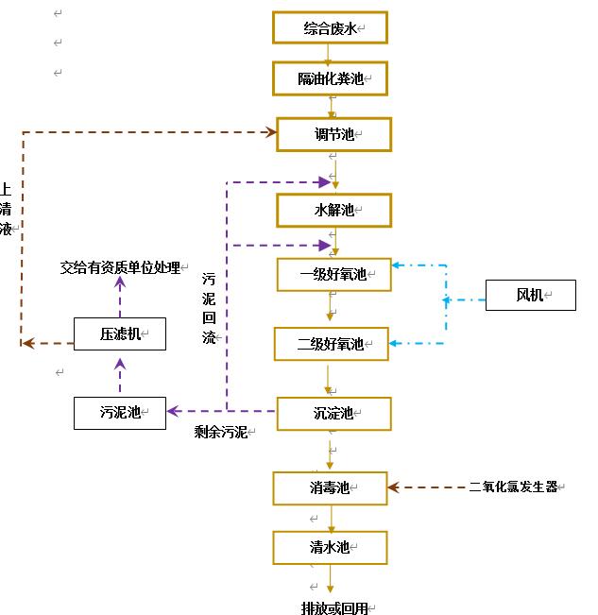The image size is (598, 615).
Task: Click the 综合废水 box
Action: click(x=330, y=28)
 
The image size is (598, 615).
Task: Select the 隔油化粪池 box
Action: click(x=330, y=78)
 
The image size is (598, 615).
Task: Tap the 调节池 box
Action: click(x=333, y=134)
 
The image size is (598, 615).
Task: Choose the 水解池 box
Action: click(x=333, y=210)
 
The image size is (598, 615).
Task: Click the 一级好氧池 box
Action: click(x=333, y=275)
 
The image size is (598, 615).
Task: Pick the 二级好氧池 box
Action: click(x=331, y=344)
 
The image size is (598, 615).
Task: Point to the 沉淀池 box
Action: click(x=333, y=413)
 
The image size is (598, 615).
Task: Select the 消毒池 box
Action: click(x=330, y=487)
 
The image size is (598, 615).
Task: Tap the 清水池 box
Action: click(x=330, y=547)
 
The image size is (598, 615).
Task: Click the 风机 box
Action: click(x=530, y=296)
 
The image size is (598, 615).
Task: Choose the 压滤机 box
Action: click(x=120, y=333)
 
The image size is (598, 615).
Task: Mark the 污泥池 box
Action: click(x=120, y=412)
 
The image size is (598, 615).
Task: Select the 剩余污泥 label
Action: click(x=220, y=432)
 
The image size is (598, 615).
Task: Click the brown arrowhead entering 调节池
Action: click(x=270, y=132)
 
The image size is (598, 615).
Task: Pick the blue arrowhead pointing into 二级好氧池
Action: click(x=395, y=343)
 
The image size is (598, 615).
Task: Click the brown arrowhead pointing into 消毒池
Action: click(x=394, y=487)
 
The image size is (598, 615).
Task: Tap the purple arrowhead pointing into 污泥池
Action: click(x=173, y=411)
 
